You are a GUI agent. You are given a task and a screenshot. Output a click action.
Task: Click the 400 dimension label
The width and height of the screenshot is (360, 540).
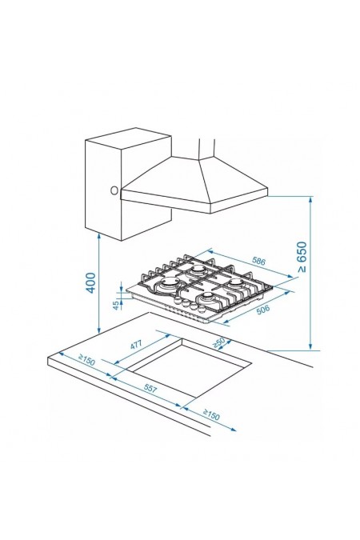click(90, 282)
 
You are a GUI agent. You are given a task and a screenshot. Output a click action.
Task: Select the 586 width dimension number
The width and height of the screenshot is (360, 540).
click(258, 261)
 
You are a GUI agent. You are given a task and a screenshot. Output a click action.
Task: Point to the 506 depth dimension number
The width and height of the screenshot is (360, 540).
click(263, 310)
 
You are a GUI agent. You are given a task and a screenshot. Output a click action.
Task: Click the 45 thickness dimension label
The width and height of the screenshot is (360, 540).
click(117, 305)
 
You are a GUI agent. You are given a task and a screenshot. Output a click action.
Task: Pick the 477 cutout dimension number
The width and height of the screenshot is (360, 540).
click(137, 344)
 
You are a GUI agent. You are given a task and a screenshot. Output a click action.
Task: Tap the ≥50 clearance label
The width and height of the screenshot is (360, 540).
click(218, 342)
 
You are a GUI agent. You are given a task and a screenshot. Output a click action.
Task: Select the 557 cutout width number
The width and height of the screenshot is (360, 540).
click(150, 389)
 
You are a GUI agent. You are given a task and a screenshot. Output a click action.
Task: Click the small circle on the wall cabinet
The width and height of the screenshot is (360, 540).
click(114, 190)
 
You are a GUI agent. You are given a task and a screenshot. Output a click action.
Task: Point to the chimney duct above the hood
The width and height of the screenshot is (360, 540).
click(206, 149)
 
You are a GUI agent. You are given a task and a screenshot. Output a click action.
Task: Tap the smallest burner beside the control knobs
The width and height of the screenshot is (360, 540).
click(208, 297)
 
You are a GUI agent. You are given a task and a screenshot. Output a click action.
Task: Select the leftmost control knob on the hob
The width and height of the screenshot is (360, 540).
click(178, 300)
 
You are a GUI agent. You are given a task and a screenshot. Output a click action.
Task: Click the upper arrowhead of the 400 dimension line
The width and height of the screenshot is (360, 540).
click(99, 236)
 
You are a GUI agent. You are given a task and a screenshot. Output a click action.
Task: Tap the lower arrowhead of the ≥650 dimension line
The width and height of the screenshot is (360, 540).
click(310, 346)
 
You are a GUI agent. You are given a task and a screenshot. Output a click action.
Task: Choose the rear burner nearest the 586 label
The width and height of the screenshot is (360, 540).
click(198, 269)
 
